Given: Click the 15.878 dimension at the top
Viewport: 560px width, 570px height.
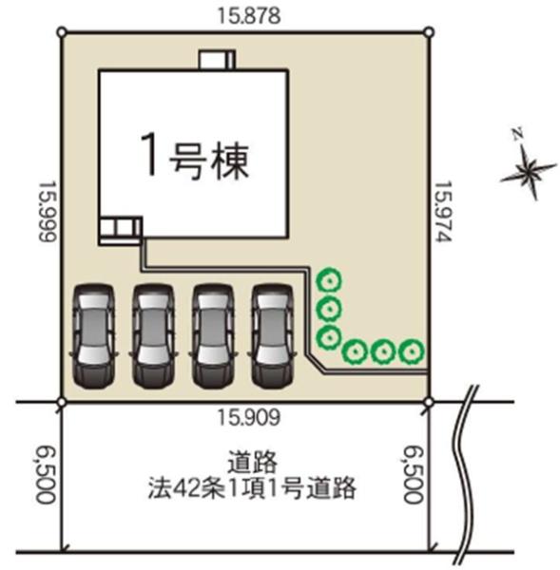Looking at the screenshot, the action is pos(249,15).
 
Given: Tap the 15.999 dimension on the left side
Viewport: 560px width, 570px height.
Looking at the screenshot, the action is pos(48,211).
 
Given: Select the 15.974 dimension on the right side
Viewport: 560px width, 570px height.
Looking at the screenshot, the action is pos(443,211).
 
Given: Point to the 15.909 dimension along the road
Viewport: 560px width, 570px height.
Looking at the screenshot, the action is pos(249,417).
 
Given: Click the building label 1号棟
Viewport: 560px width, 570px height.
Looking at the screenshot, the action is pos(195,157).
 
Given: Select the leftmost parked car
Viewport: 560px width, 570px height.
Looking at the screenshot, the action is pos(93,336).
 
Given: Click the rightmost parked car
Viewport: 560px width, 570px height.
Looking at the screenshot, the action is pos(272,336).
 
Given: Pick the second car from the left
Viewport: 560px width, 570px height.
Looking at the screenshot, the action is pos(153,336).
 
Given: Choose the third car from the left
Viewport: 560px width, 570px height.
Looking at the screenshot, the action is pos(213,336).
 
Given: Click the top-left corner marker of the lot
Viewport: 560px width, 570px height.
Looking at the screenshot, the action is pos(62,32).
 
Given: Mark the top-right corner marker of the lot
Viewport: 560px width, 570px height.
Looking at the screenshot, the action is pos(430,32).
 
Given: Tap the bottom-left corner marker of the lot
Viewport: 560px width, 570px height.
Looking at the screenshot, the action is pos(62,402).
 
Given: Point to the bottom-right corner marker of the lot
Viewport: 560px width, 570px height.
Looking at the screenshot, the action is pos(430,402).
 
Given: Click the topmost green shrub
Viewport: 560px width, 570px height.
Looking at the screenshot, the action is pos(329,281).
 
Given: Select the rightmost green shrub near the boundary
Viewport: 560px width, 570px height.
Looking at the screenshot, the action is pos(412,351).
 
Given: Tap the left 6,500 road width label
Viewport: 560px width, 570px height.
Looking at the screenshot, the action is pos(46,475).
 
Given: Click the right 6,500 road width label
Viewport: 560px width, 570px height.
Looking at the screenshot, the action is pos(415,475).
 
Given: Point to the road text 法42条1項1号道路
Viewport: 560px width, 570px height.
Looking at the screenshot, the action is pos(252,488).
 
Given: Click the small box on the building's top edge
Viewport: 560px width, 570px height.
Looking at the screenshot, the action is pos(217,60).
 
